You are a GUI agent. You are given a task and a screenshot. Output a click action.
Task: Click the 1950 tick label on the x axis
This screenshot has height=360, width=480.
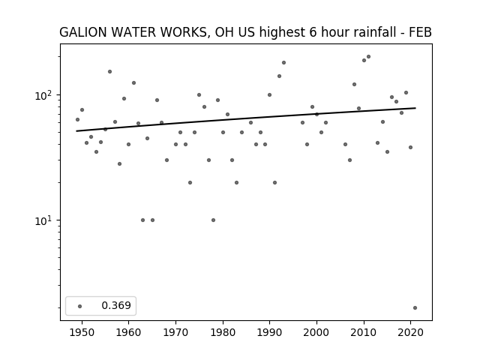82,332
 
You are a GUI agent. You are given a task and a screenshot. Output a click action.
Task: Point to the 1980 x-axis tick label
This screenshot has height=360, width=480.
223,332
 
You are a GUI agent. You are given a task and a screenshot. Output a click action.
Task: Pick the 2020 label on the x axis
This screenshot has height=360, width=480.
410,332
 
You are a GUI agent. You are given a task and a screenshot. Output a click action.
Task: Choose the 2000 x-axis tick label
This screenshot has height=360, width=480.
316,332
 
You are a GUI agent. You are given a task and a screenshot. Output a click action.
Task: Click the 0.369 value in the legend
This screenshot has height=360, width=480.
116,305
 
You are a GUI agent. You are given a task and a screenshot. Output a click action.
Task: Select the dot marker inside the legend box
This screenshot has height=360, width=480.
80,306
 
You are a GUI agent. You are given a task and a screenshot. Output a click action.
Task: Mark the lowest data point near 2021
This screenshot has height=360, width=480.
415,308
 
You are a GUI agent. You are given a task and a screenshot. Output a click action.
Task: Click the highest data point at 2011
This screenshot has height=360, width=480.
368,57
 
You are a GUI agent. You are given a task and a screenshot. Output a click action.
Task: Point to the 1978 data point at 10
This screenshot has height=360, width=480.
213,220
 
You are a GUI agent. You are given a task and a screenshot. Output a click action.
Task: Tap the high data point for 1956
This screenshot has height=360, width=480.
110,72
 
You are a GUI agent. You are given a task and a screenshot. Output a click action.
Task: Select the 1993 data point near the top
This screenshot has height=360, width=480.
283,63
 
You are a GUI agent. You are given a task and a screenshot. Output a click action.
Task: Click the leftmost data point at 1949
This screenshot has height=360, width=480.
77,120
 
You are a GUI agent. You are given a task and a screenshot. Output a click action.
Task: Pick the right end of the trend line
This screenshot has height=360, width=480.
415,108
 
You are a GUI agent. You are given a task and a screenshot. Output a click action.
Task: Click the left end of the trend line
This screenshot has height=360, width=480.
76,131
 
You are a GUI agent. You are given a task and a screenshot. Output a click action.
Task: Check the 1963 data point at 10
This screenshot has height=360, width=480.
142,220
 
